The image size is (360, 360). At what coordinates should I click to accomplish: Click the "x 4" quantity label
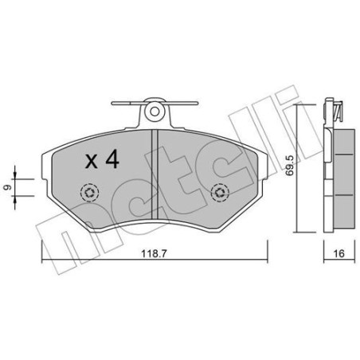tap(101, 160)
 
